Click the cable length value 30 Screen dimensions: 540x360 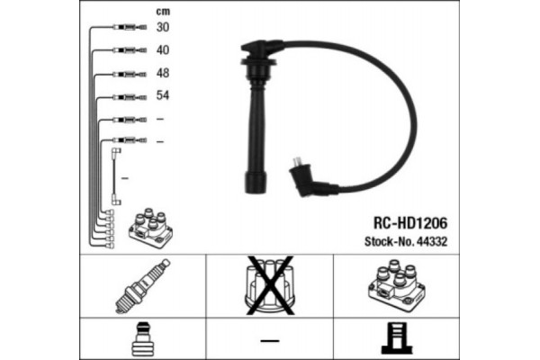point(163,27)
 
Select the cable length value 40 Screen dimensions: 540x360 point(163,50)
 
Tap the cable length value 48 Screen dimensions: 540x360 point(163,73)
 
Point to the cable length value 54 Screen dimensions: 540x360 point(163,95)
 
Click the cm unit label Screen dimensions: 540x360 point(163,12)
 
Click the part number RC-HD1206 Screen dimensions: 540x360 point(410,223)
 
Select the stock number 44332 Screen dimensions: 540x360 point(432,241)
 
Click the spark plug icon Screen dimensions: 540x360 point(142,286)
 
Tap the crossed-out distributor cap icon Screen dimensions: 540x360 point(270,285)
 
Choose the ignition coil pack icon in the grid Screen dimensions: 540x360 point(397,285)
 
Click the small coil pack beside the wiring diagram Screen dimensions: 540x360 point(150,228)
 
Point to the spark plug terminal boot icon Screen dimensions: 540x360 point(143,339)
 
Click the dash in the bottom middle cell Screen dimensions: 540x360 point(270,341)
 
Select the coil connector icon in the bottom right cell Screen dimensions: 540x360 point(396,338)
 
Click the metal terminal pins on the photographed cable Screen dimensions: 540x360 point(296,162)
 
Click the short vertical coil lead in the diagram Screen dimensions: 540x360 point(116,176)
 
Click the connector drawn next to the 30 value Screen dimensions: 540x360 point(130,27)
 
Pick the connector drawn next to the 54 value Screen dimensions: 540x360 point(130,97)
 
